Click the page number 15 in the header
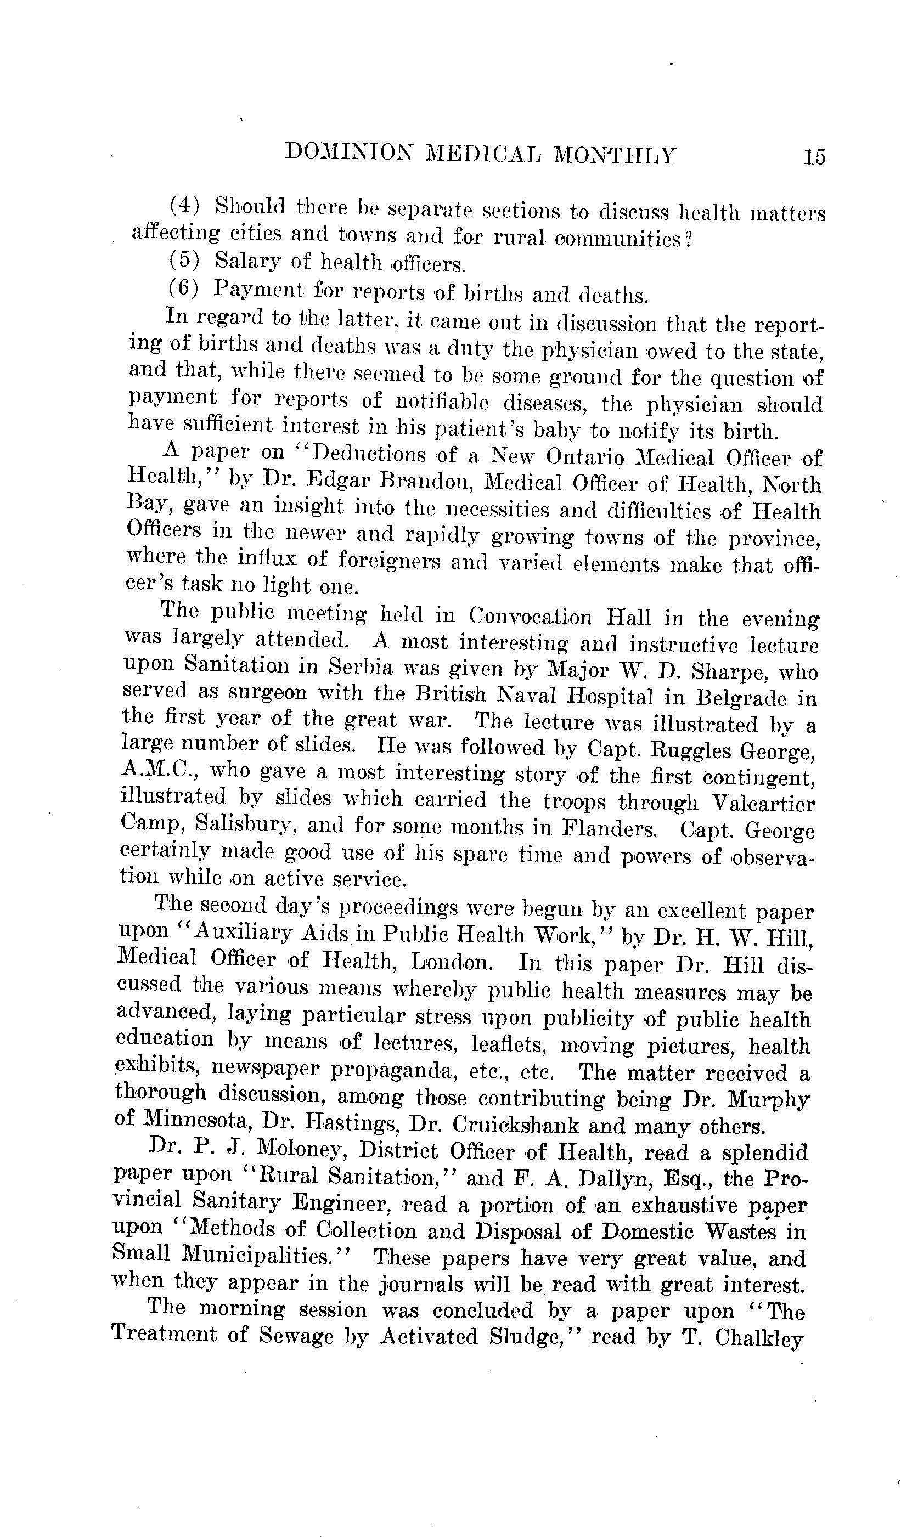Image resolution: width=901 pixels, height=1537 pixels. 814,157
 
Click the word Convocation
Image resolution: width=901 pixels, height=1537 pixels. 530,616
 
